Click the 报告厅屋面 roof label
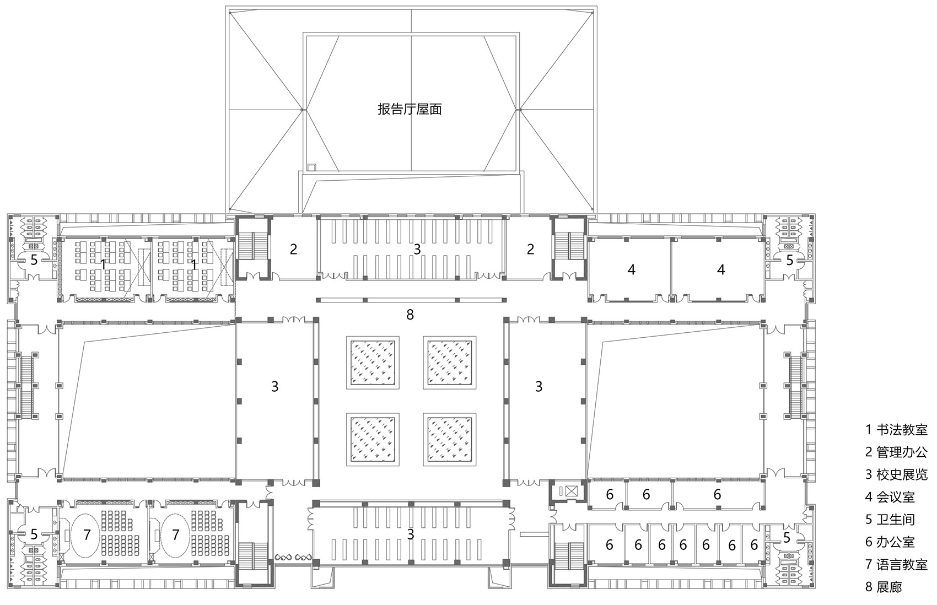pyautogui.click(x=410, y=109)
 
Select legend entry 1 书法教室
pyautogui.click(x=896, y=429)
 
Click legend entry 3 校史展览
pyautogui.click(x=896, y=474)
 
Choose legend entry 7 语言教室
pyautogui.click(x=896, y=564)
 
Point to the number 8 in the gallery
pyautogui.click(x=410, y=315)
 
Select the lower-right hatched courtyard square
pyautogui.click(x=449, y=439)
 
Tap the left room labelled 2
pyautogui.click(x=294, y=249)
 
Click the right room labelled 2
pyautogui.click(x=530, y=249)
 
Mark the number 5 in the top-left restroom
pyautogui.click(x=34, y=260)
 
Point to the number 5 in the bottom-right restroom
pyautogui.click(x=787, y=537)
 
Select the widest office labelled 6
pyautogui.click(x=717, y=494)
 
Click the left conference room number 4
pyautogui.click(x=632, y=269)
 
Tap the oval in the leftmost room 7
pyautogui.click(x=86, y=534)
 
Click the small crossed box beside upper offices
pyautogui.click(x=569, y=490)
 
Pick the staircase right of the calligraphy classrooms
pyautogui.click(x=252, y=246)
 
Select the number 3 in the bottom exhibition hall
pyautogui.click(x=410, y=534)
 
